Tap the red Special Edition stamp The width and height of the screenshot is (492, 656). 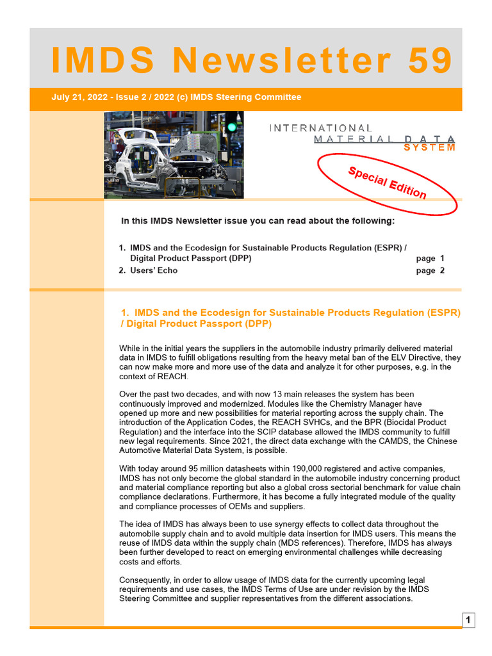click(388, 182)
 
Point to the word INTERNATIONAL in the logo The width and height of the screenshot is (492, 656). click(320, 128)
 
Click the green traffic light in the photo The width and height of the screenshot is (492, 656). click(231, 127)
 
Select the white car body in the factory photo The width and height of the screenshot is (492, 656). click(141, 154)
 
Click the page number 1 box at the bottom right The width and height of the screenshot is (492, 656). click(468, 619)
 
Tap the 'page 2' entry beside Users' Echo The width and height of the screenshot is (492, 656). click(430, 270)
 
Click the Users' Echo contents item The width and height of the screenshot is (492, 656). click(154, 270)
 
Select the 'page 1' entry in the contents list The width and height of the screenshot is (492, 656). click(430, 258)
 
